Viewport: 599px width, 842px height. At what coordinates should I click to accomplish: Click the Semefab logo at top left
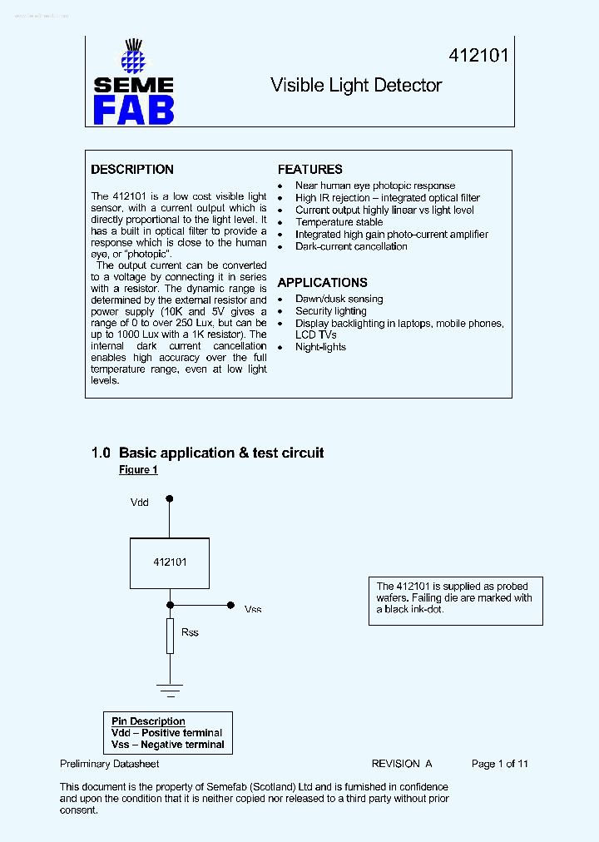133,83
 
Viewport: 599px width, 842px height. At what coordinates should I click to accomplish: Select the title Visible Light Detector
356,86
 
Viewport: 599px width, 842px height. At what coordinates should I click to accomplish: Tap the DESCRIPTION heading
132,170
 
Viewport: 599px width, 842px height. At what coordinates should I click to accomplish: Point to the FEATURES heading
309,170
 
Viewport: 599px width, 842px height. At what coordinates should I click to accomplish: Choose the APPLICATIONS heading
322,283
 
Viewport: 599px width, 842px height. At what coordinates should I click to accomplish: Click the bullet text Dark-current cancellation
351,247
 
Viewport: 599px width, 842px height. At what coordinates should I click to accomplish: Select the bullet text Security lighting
330,311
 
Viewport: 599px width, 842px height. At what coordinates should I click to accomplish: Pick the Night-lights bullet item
320,347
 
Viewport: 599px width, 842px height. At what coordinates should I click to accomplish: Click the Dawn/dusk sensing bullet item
339,299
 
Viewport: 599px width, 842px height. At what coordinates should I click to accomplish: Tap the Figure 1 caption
138,470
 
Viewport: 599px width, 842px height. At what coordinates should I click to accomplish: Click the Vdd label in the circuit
140,503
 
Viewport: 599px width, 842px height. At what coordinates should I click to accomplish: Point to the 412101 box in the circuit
170,562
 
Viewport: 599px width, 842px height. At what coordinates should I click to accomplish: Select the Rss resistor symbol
170,636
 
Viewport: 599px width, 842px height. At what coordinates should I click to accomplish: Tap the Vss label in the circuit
253,610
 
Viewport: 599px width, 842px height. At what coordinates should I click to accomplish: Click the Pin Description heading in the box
148,721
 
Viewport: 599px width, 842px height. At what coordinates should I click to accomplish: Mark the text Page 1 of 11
499,764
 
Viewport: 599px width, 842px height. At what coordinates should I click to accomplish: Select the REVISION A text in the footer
401,764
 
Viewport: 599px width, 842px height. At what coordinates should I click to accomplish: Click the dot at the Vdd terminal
170,499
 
